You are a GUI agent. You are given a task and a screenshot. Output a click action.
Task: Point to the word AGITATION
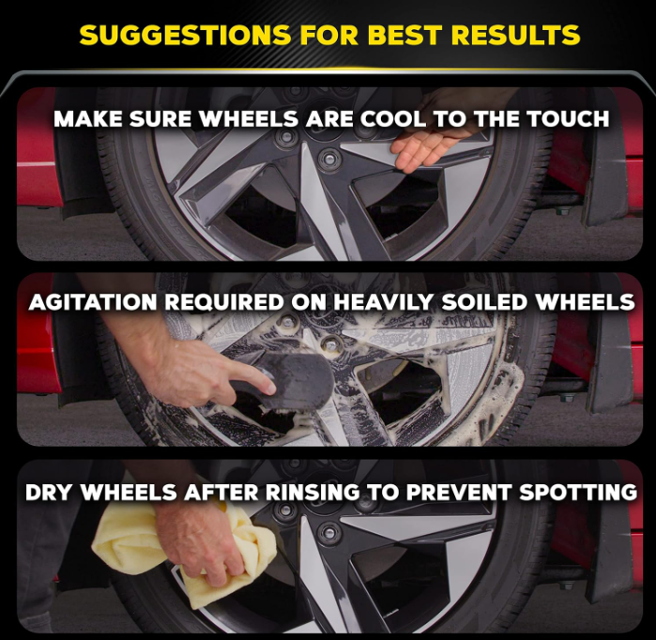(87, 302)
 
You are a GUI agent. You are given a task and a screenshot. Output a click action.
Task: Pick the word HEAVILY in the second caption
(408, 302)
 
